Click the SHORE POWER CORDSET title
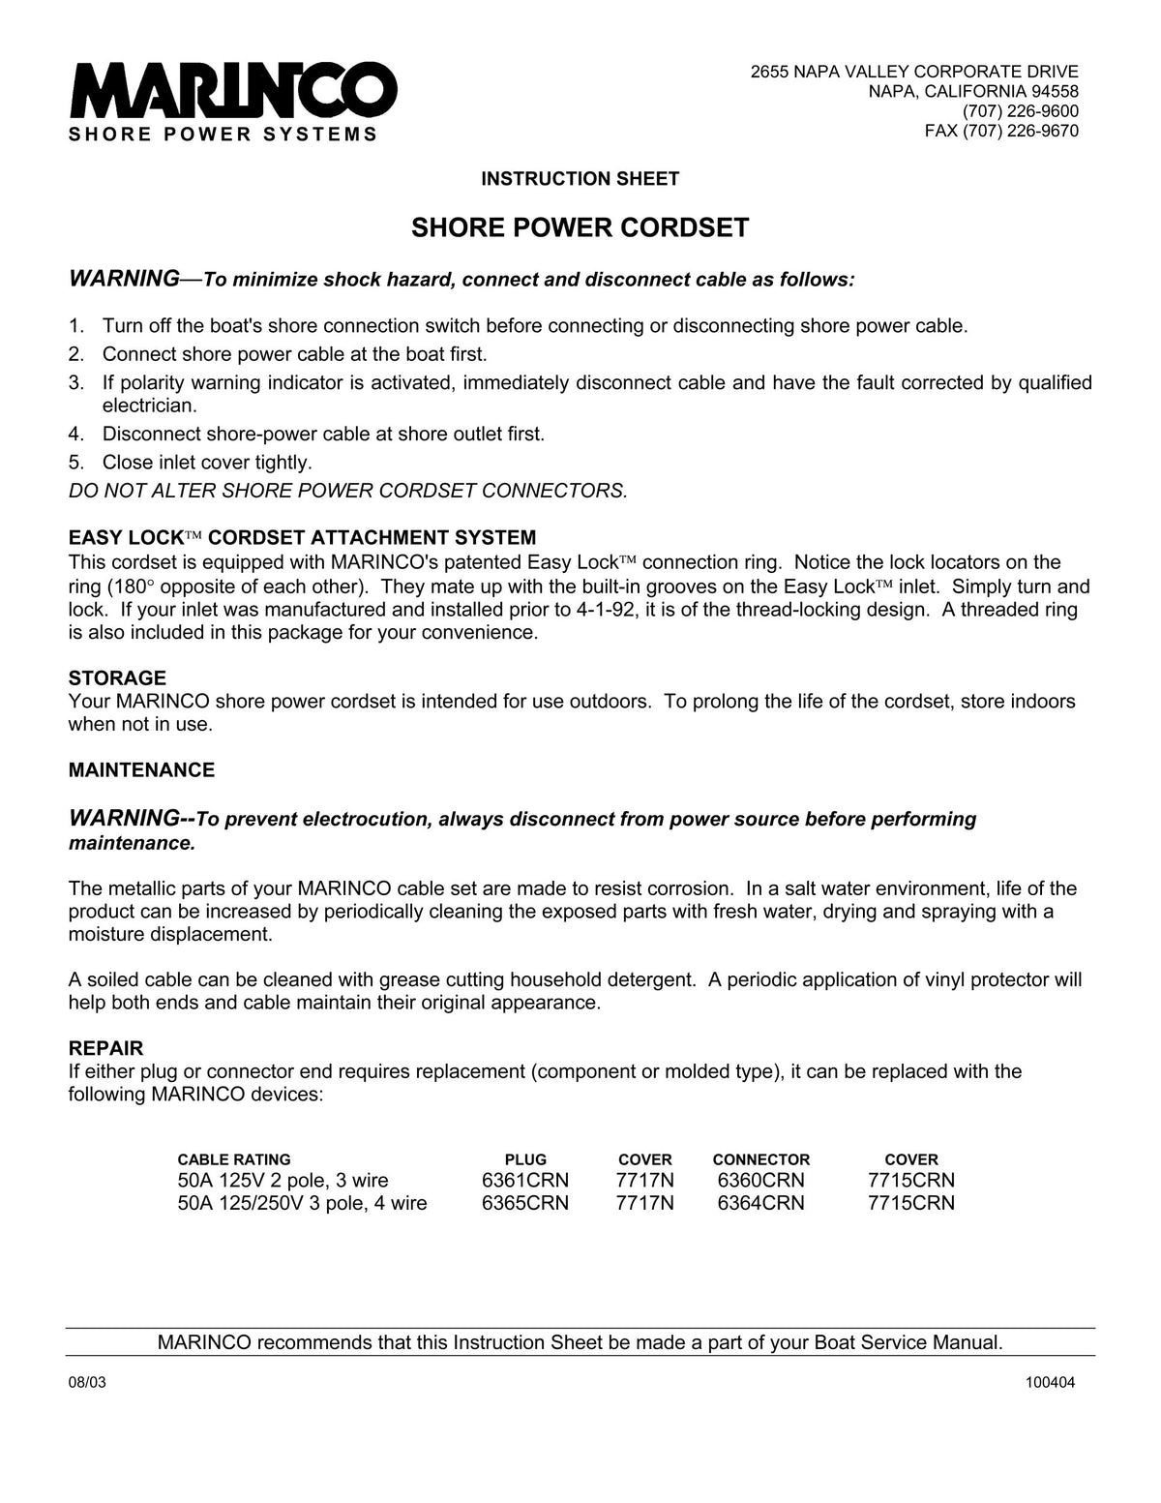point(580,227)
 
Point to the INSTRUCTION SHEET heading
point(580,179)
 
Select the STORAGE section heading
point(117,677)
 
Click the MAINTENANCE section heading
point(141,770)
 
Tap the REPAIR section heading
point(105,1048)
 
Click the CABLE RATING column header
point(233,1159)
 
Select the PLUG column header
point(525,1159)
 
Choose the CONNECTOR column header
point(760,1159)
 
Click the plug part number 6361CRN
point(525,1181)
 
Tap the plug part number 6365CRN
point(525,1204)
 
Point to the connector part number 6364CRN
point(760,1204)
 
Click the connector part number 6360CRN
point(760,1181)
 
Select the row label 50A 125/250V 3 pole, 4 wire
point(302,1204)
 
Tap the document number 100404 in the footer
point(1050,1383)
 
